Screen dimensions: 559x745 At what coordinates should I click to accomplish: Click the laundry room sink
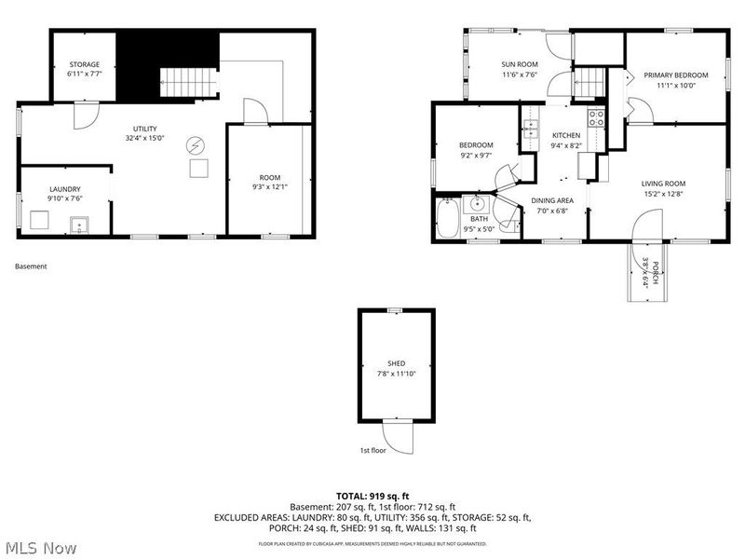(x=80, y=224)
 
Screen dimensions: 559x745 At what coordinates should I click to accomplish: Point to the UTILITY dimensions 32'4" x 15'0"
(x=145, y=138)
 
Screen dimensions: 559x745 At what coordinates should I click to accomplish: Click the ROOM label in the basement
(x=269, y=177)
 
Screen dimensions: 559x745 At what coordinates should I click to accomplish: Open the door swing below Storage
(x=84, y=116)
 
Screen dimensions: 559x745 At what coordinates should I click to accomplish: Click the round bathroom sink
(x=478, y=204)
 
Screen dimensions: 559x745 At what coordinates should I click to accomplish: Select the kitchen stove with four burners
(x=596, y=118)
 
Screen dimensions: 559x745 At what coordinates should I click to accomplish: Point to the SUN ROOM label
(x=519, y=65)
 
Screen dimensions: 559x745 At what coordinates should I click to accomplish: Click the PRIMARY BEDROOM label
(x=677, y=75)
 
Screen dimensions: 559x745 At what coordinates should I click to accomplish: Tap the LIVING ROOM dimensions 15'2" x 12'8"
(x=663, y=194)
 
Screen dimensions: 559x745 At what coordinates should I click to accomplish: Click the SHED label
(x=397, y=363)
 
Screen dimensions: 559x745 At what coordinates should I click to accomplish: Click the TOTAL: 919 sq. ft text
(x=372, y=495)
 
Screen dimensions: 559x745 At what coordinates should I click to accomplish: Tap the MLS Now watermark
(x=42, y=547)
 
